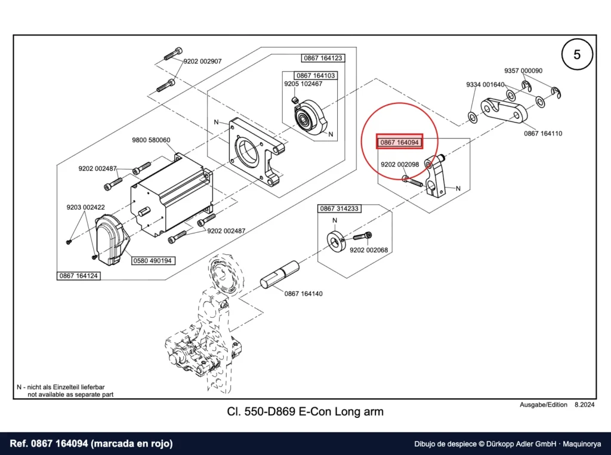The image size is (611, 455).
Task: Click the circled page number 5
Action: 577,54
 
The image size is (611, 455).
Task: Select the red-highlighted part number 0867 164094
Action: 399,142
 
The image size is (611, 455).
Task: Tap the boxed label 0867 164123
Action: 323,58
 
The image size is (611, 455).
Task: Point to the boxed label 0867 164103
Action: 316,76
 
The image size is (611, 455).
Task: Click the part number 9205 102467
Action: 303,84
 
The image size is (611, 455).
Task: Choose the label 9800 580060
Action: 151,140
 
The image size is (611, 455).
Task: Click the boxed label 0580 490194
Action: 152,260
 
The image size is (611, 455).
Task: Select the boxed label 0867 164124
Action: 78,276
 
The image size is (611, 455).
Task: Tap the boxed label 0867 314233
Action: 340,208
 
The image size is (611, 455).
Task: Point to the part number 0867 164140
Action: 304,294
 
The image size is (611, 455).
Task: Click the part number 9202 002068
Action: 369,250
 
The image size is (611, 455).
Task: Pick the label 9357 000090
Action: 523,70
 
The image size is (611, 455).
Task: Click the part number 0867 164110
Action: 543,133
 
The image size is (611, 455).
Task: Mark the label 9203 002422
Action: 85,207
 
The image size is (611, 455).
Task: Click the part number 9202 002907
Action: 202,62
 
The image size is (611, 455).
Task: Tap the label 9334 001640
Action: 485,84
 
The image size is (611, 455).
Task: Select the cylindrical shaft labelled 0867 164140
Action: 279,275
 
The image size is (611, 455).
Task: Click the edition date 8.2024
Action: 585,405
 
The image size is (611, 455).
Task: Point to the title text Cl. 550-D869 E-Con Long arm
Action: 305,411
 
